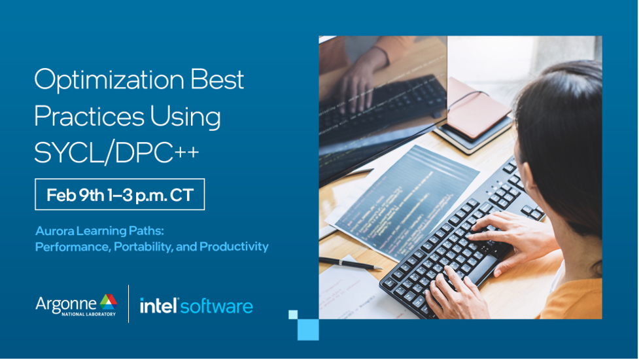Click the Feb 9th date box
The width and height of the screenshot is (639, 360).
(x=120, y=194)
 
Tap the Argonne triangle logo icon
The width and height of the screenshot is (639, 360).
(x=109, y=302)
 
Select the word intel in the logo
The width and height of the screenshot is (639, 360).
(x=158, y=306)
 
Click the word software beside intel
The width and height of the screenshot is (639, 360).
(x=216, y=306)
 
